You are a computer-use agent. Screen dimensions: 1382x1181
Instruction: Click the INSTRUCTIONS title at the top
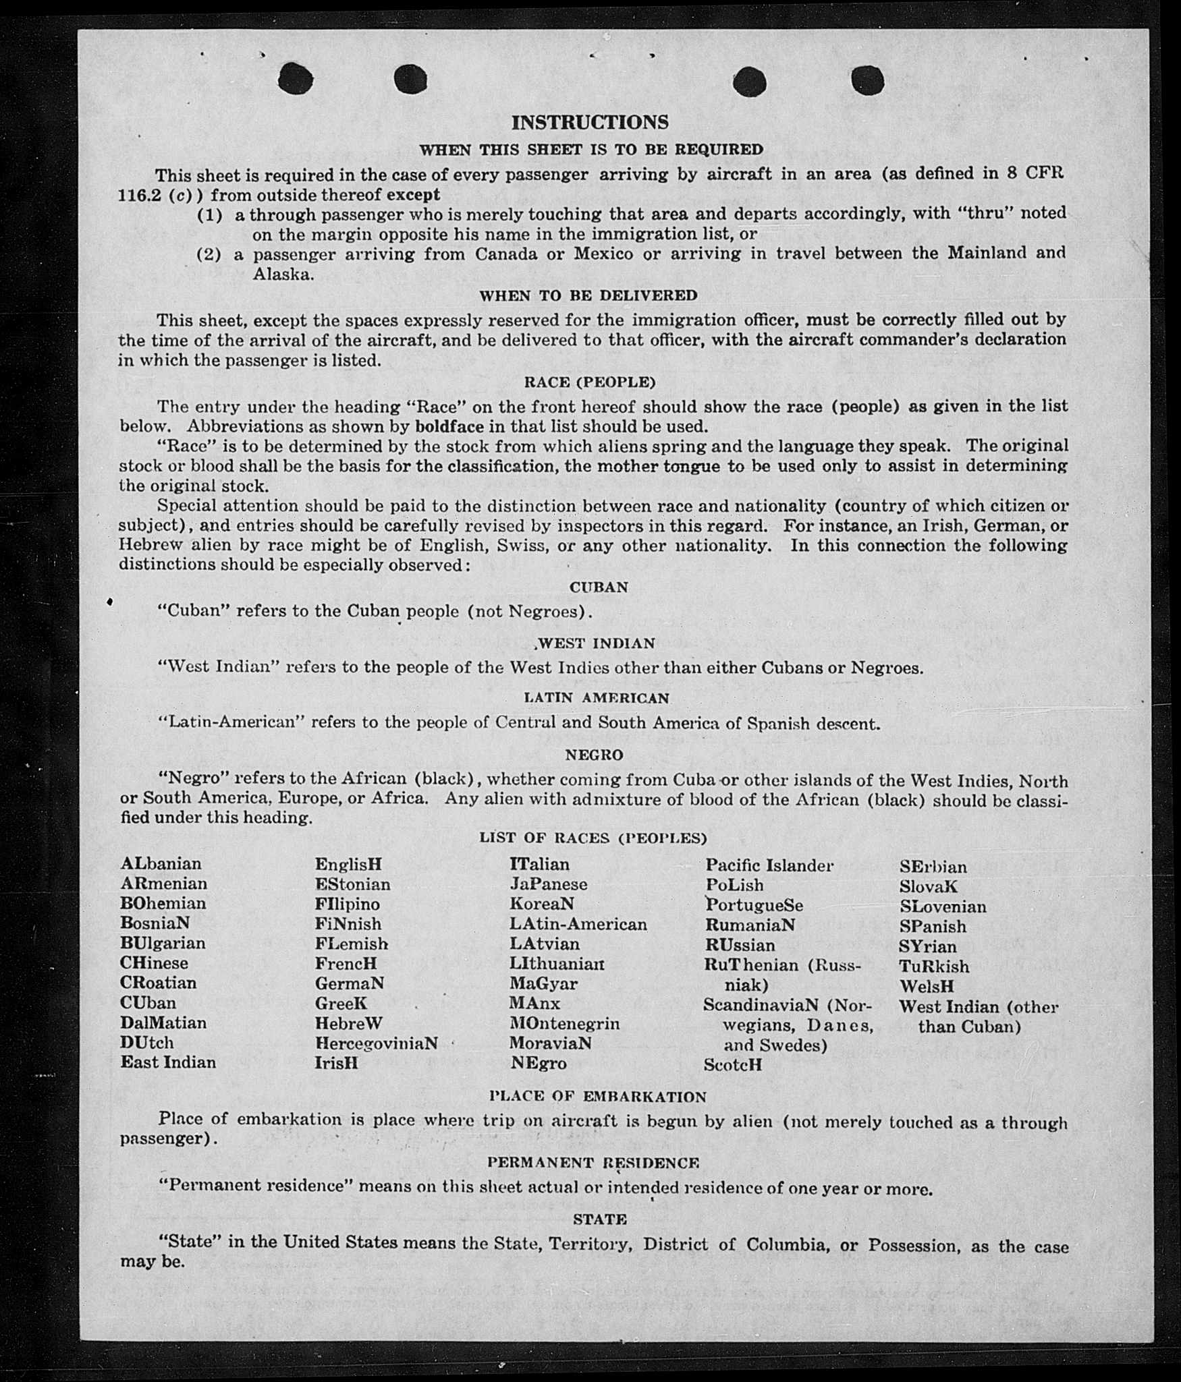click(590, 122)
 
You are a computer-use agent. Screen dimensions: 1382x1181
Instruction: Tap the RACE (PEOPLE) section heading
click(590, 382)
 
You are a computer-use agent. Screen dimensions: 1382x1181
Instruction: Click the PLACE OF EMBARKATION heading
click(598, 1097)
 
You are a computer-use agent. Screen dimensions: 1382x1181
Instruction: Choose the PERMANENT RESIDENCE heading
click(593, 1163)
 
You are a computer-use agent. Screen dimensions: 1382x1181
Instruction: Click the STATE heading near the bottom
click(600, 1219)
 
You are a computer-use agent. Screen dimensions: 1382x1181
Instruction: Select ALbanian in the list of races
click(161, 864)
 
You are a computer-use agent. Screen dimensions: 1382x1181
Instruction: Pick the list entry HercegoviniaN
click(376, 1043)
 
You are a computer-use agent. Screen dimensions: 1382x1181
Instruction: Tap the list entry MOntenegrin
click(564, 1023)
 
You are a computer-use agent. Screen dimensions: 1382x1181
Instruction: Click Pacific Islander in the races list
click(769, 865)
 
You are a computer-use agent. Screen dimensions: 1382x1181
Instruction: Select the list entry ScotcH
click(732, 1065)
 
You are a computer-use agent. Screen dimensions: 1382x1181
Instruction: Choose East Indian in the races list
click(168, 1062)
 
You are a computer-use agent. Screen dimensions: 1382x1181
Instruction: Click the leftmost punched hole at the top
click(295, 79)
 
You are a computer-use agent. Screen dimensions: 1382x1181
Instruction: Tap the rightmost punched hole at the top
click(867, 81)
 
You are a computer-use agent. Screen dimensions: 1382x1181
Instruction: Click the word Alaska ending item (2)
click(283, 275)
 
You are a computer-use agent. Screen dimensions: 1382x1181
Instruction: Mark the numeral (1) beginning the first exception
click(209, 215)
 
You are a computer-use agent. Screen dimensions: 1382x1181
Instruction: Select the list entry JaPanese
click(548, 884)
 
